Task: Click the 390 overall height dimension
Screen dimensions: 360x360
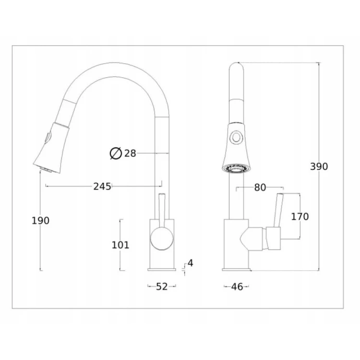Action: (x=319, y=167)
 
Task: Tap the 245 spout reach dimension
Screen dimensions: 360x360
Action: (x=102, y=186)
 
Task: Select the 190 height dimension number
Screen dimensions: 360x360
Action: (x=40, y=221)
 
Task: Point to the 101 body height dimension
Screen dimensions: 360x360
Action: (x=120, y=245)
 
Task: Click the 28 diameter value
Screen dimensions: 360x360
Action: (x=130, y=154)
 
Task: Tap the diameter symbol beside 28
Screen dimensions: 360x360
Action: (x=116, y=154)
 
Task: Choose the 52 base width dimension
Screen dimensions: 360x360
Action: (x=162, y=287)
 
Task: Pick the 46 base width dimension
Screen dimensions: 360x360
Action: (x=237, y=287)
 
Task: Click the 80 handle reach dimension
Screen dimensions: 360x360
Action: (x=260, y=188)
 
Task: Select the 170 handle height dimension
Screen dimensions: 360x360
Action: (x=300, y=216)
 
